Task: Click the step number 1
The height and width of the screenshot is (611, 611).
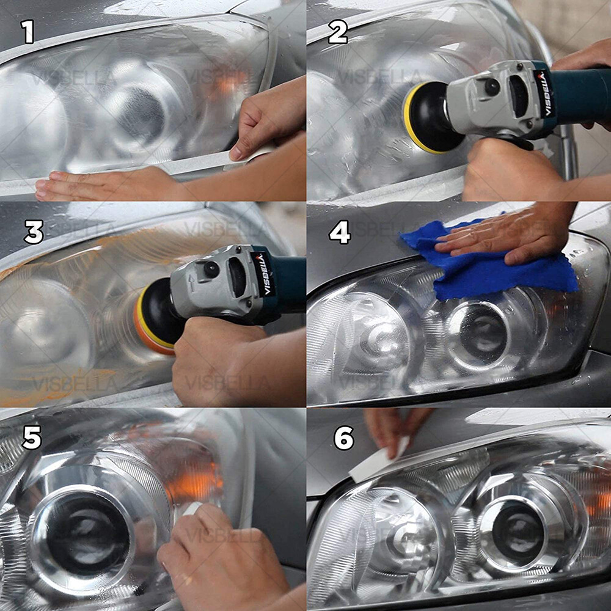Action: point(27,32)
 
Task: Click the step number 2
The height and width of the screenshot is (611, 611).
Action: point(337,32)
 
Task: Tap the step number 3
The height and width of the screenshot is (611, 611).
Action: point(34,232)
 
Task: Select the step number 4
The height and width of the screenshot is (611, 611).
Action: point(340,232)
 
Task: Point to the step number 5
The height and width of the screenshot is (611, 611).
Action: point(32,438)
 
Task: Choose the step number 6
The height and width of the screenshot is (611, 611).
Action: point(344,438)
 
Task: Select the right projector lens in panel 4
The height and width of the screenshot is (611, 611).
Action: point(480,333)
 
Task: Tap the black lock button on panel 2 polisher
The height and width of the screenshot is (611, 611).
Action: point(492,87)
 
